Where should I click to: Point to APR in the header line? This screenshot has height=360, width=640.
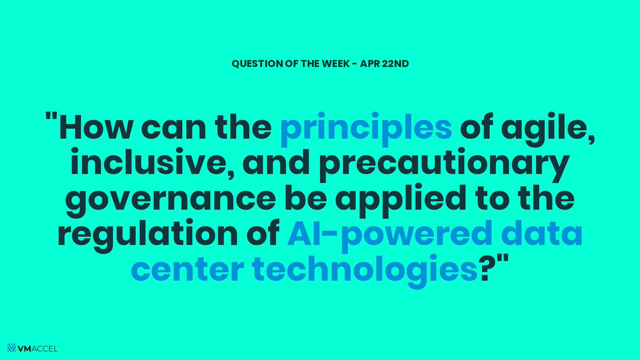point(373,63)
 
